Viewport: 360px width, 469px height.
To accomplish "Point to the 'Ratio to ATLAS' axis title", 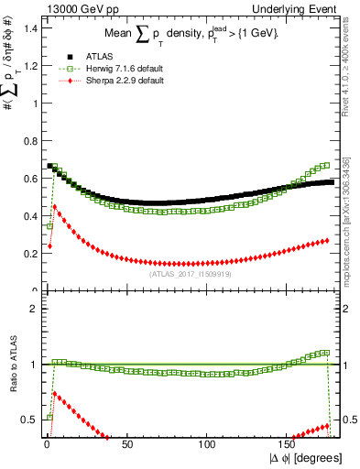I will pos(13,376).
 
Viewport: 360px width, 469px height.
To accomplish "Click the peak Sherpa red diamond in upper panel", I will pos(54,206).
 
